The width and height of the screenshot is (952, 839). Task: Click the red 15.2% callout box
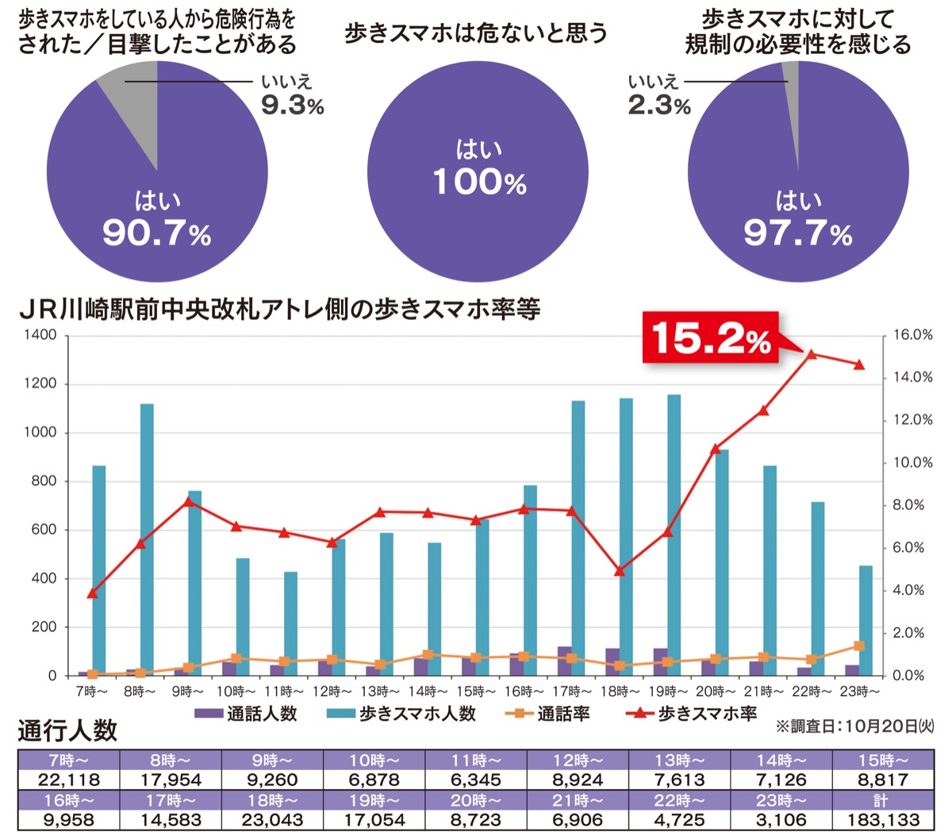pyautogui.click(x=710, y=340)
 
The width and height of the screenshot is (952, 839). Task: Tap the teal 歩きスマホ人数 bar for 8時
pyautogui.click(x=147, y=540)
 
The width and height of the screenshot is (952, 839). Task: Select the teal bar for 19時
pyautogui.click(x=674, y=535)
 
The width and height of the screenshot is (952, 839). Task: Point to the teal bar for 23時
pyautogui.click(x=866, y=620)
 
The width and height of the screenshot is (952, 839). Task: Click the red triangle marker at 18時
pyautogui.click(x=620, y=570)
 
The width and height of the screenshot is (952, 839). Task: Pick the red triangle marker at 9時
pyautogui.click(x=189, y=501)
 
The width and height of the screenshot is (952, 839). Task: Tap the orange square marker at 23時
pyautogui.click(x=859, y=646)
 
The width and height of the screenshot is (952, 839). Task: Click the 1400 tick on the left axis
pyautogui.click(x=41, y=336)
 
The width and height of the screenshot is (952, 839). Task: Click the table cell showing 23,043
pyautogui.click(x=272, y=819)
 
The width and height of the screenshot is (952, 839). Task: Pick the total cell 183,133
pyautogui.click(x=881, y=819)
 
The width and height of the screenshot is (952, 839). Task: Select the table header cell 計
pyautogui.click(x=881, y=799)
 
